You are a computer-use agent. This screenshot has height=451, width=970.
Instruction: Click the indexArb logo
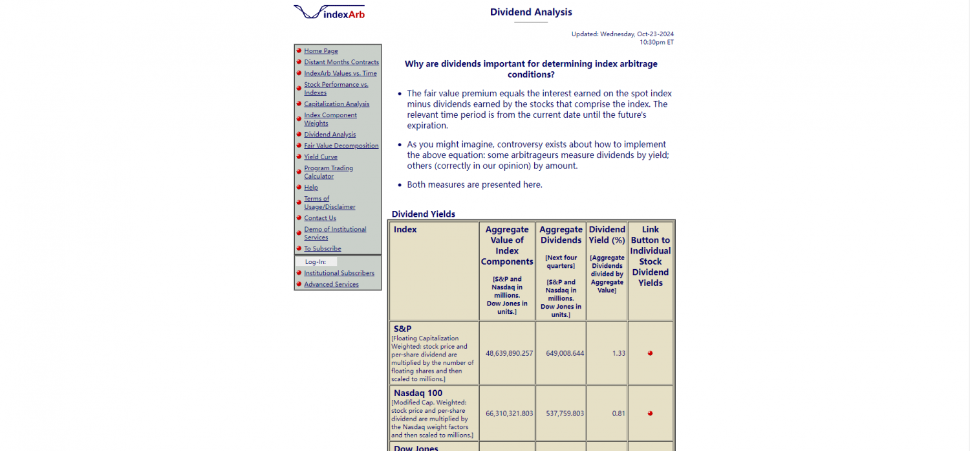329,12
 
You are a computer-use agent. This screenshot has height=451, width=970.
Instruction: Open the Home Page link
321,51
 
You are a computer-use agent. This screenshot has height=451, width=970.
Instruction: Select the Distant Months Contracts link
341,62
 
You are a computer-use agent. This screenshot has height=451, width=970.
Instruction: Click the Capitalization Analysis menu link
337,104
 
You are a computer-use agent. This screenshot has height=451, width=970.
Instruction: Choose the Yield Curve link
321,157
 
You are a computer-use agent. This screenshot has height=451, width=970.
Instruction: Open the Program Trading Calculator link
329,172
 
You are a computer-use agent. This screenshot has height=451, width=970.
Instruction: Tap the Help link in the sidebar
311,188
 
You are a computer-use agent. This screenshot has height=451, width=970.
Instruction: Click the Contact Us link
320,219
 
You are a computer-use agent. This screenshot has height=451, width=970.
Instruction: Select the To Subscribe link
323,249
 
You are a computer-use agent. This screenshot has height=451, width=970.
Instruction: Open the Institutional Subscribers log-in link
339,274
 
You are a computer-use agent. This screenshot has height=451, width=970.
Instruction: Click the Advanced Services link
331,285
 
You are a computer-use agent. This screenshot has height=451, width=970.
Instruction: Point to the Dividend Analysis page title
531,12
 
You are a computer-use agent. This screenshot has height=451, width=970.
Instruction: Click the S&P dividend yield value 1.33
618,353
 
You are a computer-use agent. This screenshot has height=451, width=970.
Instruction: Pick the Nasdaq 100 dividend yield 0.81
618,413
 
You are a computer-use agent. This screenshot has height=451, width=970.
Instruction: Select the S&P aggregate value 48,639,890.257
509,353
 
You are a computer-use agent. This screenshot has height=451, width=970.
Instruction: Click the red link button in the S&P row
650,353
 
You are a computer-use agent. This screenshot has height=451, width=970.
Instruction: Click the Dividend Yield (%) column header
607,235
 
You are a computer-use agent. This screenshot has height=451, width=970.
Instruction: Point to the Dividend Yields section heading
424,214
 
